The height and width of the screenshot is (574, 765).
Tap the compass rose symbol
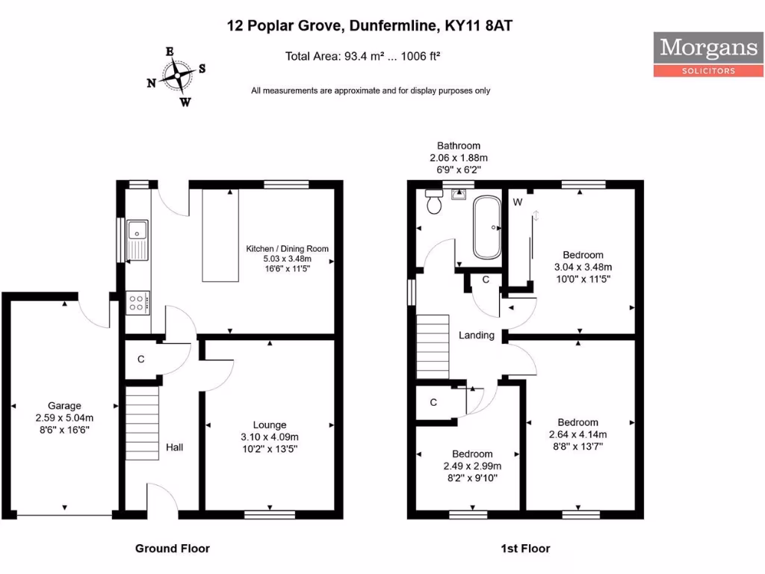(177, 76)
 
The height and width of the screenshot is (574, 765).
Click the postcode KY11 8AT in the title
(479, 26)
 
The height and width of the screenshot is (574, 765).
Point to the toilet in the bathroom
(434, 202)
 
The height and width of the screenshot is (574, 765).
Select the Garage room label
(64, 406)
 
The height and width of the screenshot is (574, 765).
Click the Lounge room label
(270, 425)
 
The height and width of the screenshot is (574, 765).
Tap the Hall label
(175, 447)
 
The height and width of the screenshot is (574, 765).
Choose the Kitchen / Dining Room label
(288, 249)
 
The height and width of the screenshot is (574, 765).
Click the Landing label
(477, 336)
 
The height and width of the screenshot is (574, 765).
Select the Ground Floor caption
(173, 549)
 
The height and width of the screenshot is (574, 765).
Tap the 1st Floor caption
(525, 549)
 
